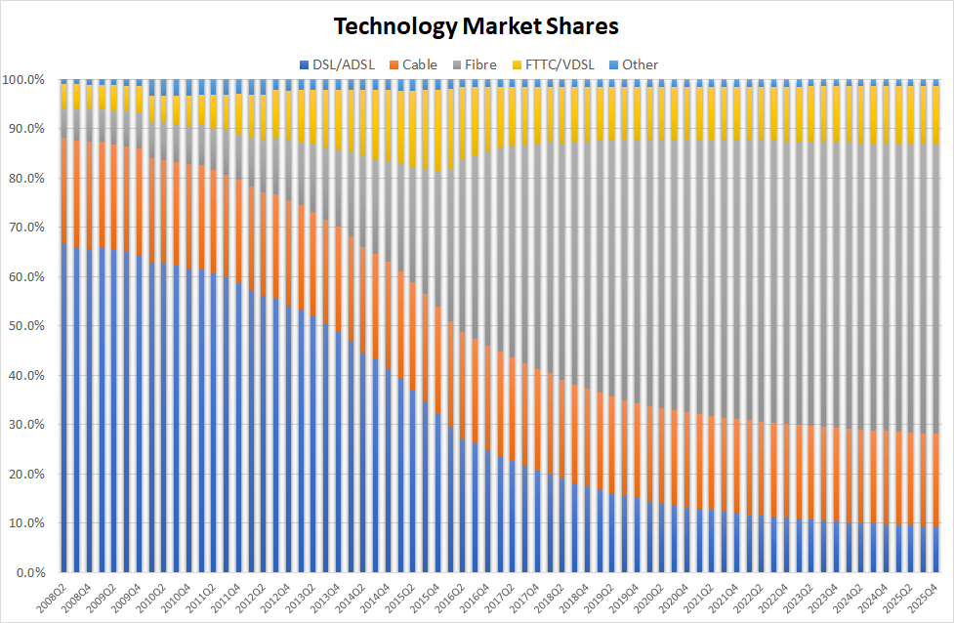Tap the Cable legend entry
click(419, 64)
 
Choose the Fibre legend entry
click(477, 64)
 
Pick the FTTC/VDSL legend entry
click(554, 64)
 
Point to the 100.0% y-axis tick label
click(24, 79)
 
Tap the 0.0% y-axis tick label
click(30, 572)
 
